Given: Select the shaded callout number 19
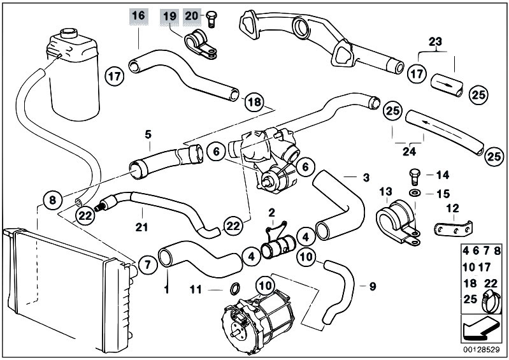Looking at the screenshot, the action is coord(169,15).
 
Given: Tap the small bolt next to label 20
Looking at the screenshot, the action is coord(212,19).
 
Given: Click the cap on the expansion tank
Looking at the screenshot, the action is coord(69,32).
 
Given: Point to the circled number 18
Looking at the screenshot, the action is coord(254,102).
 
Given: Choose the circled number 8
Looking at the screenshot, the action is coord(52,199).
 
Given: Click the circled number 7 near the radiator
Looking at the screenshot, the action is coord(148,264).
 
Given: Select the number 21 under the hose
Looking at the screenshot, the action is coord(141,227).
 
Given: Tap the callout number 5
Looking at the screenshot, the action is coord(148,134).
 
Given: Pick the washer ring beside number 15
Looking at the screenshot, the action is coord(414,193).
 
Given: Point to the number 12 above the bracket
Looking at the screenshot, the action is coord(452,208).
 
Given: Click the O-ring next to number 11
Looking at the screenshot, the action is coord(235,289).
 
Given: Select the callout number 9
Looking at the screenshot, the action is coord(373,286).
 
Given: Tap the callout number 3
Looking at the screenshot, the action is coord(366,178).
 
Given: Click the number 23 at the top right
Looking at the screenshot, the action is coord(435,41).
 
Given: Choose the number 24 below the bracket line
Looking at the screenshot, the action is coord(409,151).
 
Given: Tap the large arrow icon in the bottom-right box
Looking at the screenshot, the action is coord(480,329).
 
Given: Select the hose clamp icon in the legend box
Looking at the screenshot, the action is coord(492,301).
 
